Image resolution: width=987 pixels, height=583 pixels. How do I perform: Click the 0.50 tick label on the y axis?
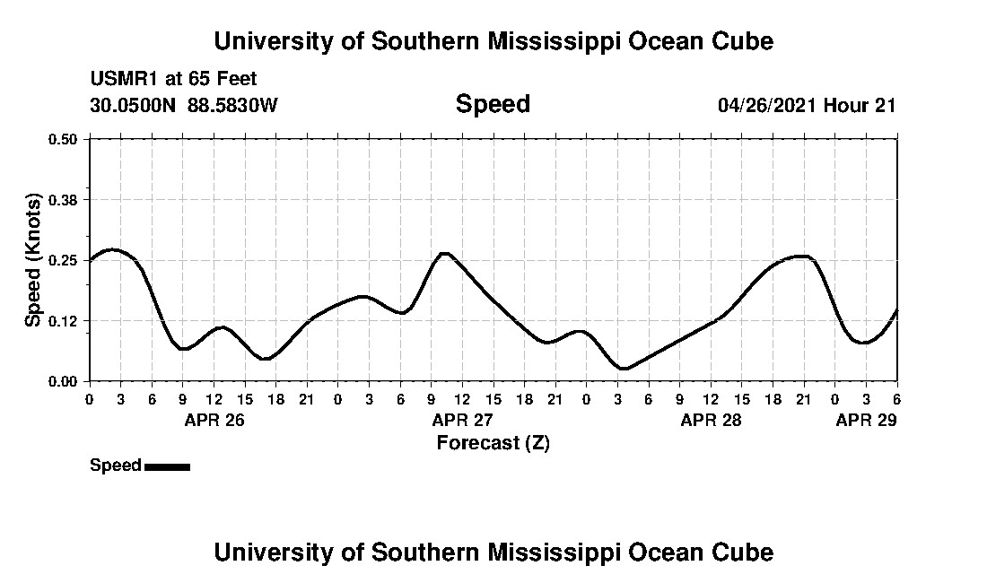pos(64,139)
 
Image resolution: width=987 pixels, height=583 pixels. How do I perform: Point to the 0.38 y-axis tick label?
pos(64,199)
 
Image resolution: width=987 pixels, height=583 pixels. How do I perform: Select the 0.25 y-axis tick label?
pos(64,260)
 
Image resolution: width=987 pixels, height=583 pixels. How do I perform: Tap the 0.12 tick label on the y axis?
pos(64,320)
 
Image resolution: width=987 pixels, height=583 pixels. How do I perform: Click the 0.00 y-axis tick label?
pos(64,381)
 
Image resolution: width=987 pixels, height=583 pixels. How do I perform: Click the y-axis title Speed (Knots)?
pos(33,260)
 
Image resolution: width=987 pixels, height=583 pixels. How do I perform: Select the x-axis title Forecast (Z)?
pos(493,442)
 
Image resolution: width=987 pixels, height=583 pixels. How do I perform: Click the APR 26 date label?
pos(214,420)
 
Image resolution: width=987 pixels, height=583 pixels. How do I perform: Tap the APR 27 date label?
pos(462,420)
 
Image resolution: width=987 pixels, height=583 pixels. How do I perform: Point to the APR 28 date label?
pos(711,420)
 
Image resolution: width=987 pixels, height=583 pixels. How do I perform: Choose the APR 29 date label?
pos(866,420)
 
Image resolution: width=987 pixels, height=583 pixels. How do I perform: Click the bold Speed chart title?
pos(493,104)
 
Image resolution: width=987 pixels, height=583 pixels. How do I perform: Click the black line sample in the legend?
pos(167,466)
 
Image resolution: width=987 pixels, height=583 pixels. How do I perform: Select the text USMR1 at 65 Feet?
pos(173,80)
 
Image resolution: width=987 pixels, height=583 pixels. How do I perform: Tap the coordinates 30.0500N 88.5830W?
pos(184,105)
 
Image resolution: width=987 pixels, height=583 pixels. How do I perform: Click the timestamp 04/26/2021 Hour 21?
pos(807,105)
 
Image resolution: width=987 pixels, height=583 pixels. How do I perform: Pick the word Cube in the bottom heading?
pos(746,552)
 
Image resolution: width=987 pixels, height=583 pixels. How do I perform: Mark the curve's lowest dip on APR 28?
pos(624,368)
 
